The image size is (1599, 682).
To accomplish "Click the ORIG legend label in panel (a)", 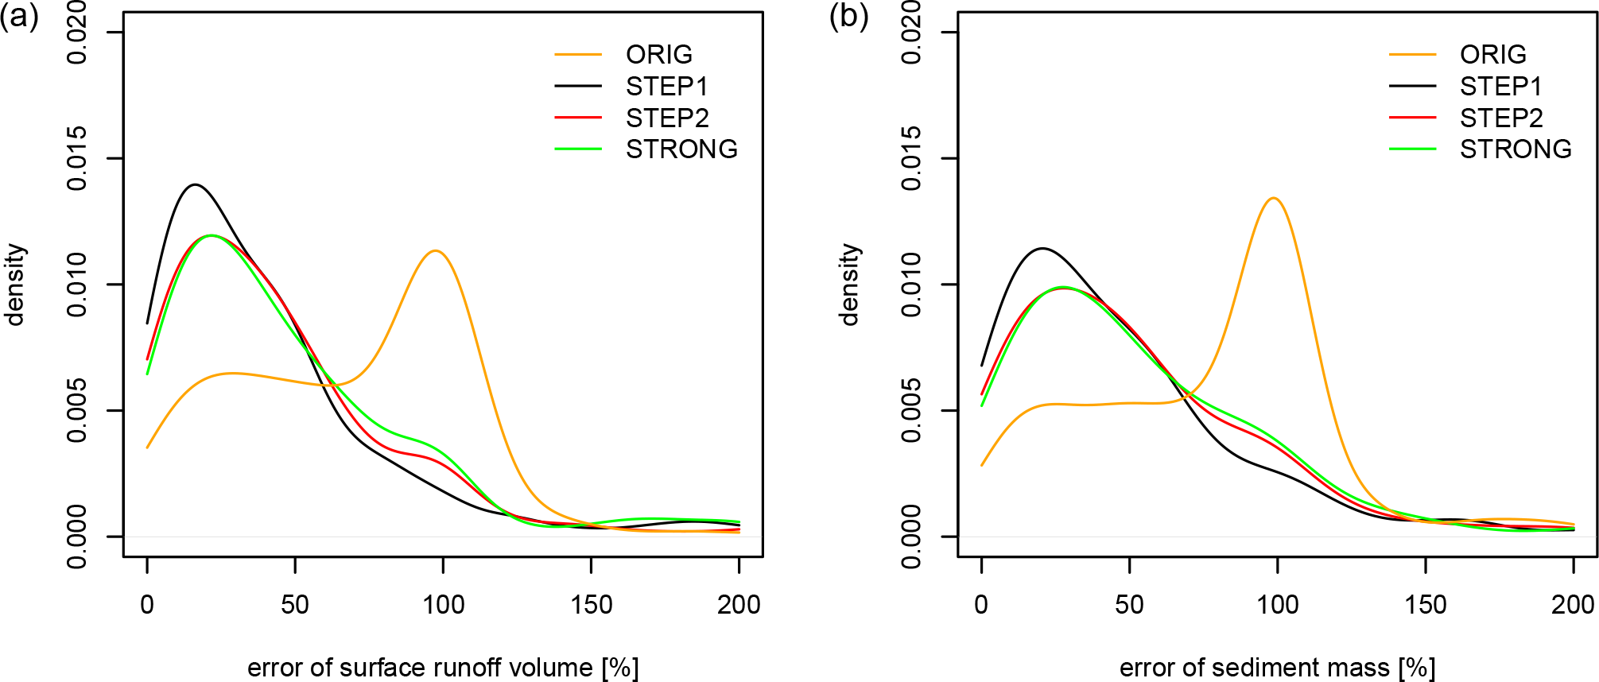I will (658, 54).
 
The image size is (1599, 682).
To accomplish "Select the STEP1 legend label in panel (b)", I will (1500, 86).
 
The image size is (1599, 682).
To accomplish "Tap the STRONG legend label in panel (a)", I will (681, 149).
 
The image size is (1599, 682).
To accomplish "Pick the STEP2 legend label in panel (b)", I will (1501, 118).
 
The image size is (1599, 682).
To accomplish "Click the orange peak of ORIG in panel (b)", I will (1274, 198).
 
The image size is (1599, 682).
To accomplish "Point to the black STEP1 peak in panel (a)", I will (195, 184).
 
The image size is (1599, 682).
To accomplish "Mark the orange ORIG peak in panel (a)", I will (436, 251).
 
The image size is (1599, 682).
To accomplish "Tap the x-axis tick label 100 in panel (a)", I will (443, 605).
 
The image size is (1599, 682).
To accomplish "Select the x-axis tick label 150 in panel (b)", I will (1425, 605).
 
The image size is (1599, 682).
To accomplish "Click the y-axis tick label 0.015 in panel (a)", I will (77, 158).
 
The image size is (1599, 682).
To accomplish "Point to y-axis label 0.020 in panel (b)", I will (911, 33).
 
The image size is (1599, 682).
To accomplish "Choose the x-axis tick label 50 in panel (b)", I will (1129, 605).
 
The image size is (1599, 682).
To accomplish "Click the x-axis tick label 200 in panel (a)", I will (739, 605).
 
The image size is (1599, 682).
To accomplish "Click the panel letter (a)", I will (19, 16).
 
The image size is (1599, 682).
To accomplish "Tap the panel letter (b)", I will (848, 16).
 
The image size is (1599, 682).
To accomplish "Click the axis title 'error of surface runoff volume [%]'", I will (443, 668).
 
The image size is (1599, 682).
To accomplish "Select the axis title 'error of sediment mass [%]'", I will (1277, 668).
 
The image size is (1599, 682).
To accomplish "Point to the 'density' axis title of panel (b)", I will (850, 285).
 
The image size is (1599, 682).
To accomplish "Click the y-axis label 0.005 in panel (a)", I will (77, 410).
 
